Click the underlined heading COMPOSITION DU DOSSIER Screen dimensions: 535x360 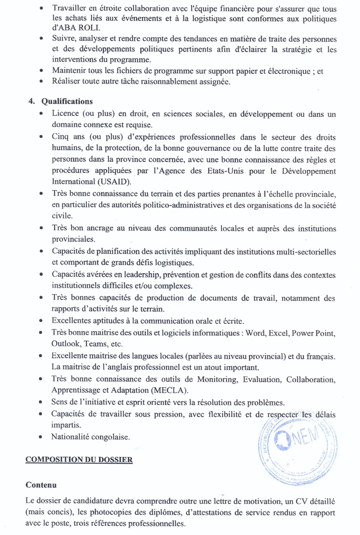coord(79,460)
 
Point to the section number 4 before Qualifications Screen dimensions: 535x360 coord(31,101)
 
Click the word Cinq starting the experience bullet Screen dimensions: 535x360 coord(61,137)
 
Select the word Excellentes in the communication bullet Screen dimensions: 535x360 coord(73,321)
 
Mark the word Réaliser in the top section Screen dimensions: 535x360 coord(67,81)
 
